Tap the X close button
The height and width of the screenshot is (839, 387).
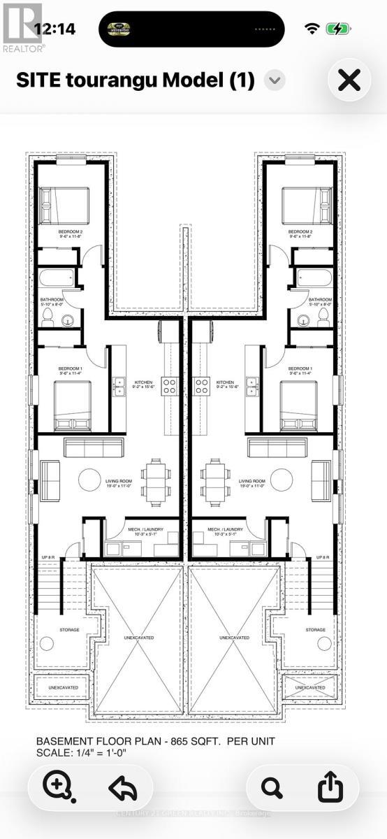[349, 80]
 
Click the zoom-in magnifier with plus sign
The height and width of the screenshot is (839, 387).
[56, 787]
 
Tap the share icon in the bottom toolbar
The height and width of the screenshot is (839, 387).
[330, 787]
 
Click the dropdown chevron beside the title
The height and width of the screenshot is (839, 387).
[275, 80]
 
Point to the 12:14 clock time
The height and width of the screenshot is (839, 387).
[54, 29]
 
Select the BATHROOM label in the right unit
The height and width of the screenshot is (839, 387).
[320, 299]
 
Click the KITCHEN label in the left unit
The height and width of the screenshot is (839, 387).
[144, 382]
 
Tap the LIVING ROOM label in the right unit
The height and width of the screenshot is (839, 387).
[251, 482]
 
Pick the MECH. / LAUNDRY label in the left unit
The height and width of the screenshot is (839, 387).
[145, 530]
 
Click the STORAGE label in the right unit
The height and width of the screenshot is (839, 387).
[316, 630]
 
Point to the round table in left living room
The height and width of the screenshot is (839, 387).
[89, 480]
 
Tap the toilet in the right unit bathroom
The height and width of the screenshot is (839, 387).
[323, 317]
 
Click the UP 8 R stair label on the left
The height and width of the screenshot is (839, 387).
[48, 557]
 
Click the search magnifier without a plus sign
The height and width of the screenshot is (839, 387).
[271, 787]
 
